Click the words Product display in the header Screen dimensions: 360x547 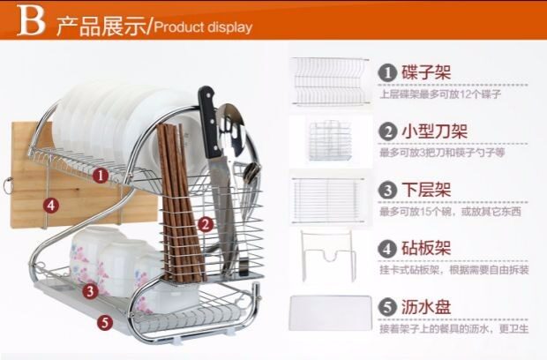203,26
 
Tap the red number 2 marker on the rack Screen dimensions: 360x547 204,224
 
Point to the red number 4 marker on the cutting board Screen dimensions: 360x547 51,205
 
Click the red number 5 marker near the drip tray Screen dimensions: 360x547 105,322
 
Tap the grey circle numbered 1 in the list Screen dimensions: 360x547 387,71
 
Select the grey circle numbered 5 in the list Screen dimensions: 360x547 387,308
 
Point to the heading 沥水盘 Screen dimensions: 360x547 427,308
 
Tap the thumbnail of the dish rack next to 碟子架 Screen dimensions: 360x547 330,80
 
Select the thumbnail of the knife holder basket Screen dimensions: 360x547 330,139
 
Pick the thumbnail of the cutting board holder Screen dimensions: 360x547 327,256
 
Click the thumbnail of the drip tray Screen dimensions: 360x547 330,313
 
